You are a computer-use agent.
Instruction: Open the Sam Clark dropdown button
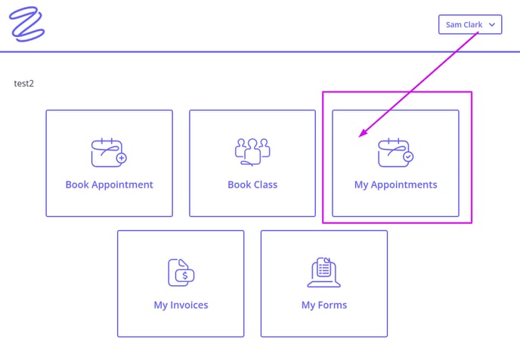tap(470, 24)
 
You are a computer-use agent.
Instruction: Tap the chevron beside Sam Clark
tap(492, 24)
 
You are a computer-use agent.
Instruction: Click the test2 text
tap(24, 83)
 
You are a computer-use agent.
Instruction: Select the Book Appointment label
tap(109, 185)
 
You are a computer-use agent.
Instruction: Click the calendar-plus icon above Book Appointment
tap(109, 153)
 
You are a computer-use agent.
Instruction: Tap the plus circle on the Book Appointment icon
tap(122, 158)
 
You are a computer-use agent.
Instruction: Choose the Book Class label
tap(252, 185)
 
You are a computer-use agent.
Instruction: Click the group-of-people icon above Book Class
tap(252, 152)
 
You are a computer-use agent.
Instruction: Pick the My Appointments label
tap(395, 185)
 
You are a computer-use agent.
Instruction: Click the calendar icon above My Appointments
tap(395, 153)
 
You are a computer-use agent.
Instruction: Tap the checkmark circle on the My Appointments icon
tap(408, 157)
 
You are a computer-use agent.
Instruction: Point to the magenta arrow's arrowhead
tap(363, 133)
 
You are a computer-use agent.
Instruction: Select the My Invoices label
tap(181, 306)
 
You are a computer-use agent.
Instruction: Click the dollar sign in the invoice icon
tap(185, 275)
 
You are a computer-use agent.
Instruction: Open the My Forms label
tap(324, 306)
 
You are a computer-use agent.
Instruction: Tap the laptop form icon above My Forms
tap(323, 272)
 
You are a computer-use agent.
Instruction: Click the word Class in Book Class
tap(265, 185)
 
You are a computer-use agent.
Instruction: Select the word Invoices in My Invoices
tap(189, 305)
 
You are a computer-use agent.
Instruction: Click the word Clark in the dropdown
tap(473, 24)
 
